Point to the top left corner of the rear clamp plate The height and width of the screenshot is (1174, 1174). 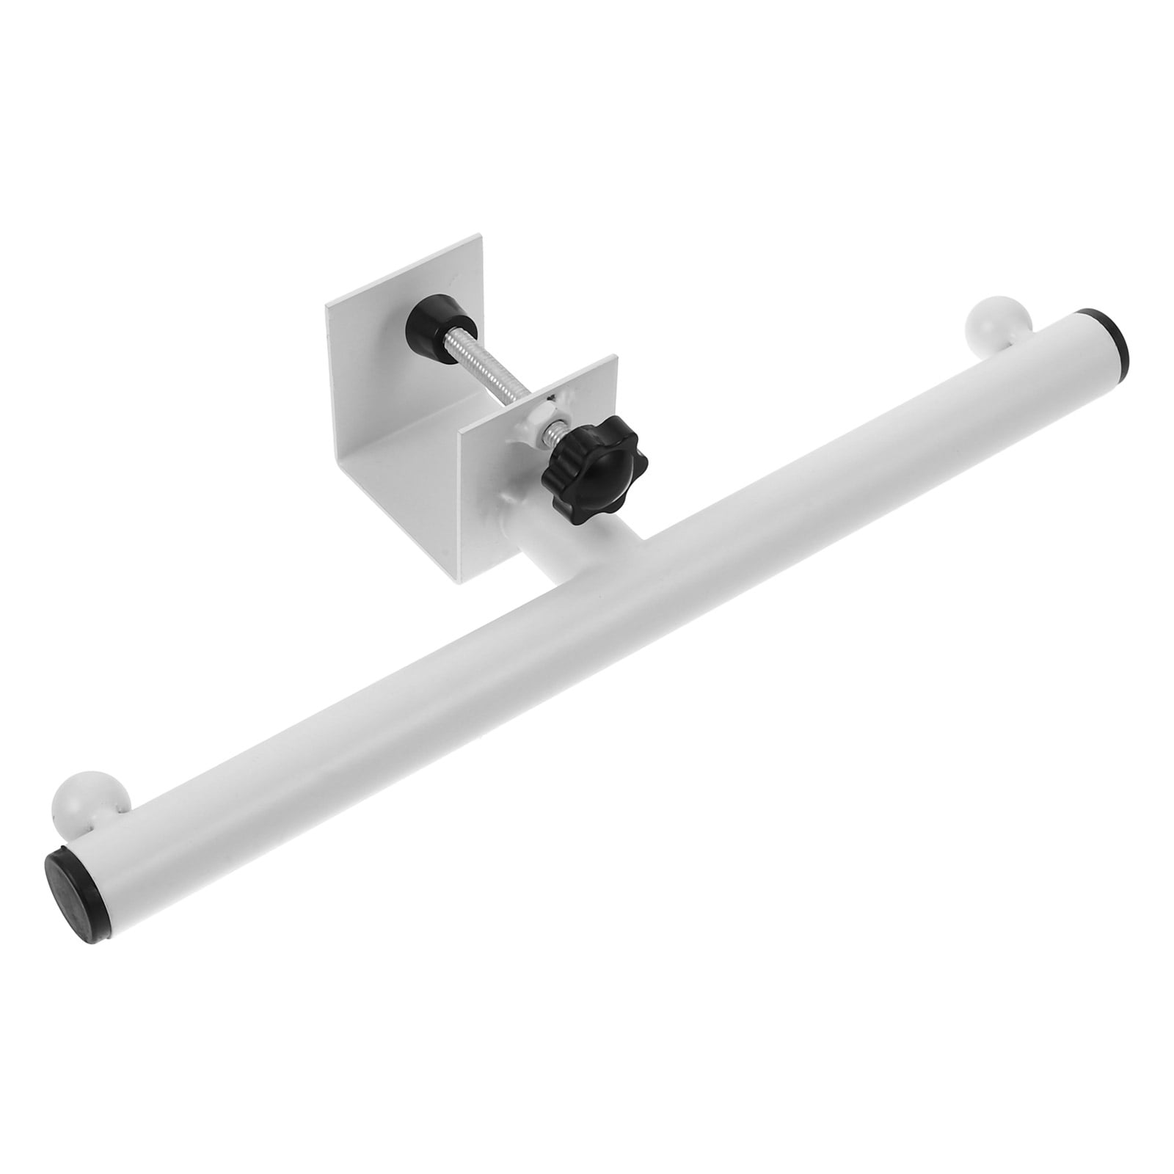[328, 306]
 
